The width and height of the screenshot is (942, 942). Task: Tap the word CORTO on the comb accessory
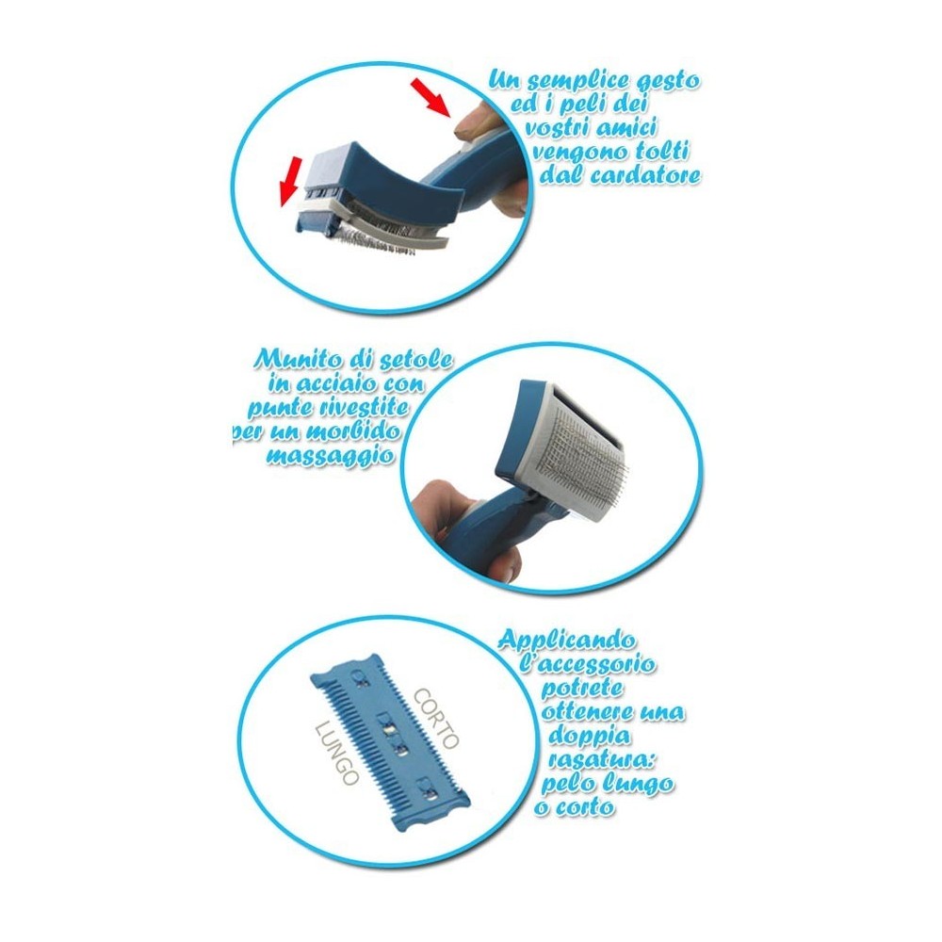(x=435, y=718)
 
